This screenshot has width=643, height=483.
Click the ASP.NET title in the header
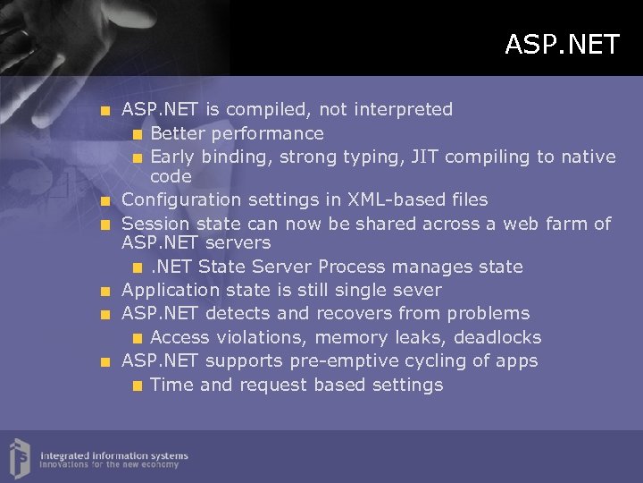tap(561, 44)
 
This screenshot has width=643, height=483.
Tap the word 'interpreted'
tap(403, 110)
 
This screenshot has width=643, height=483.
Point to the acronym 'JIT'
tap(424, 157)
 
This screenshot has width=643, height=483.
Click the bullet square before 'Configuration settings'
tap(105, 200)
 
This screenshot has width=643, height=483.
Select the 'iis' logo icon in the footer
tap(19, 456)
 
